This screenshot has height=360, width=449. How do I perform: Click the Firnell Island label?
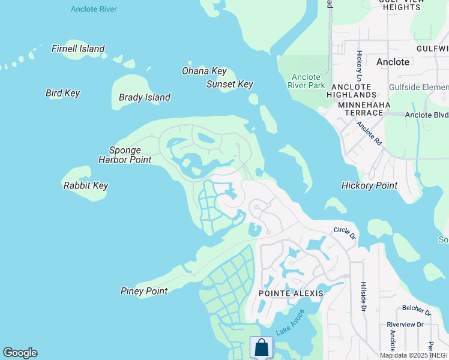tap(78, 49)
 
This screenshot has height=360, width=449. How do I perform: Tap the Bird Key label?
tap(62, 93)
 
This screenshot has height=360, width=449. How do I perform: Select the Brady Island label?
tap(145, 97)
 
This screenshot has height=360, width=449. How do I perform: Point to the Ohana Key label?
tap(204, 71)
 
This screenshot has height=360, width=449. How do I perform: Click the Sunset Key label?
tap(230, 84)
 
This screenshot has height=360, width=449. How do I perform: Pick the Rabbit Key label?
tap(86, 185)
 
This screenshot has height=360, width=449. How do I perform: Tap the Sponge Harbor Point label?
tap(125, 155)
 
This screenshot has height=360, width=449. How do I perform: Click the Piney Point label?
tap(144, 291)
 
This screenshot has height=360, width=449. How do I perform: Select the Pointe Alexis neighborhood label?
tap(291, 293)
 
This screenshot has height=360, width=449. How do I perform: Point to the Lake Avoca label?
tap(290, 323)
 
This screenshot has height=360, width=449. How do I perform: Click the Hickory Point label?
tap(369, 185)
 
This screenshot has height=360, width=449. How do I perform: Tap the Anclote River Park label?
tap(308, 81)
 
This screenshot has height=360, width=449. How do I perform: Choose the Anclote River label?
tap(94, 9)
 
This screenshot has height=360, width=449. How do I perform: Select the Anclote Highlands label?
tap(352, 90)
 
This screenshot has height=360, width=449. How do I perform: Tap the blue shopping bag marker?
tap(261, 347)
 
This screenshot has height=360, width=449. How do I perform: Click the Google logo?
tap(20, 353)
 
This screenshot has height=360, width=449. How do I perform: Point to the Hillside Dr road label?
tap(363, 297)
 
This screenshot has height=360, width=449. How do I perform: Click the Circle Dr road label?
tap(345, 233)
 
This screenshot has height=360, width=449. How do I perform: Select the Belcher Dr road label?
tap(417, 311)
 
